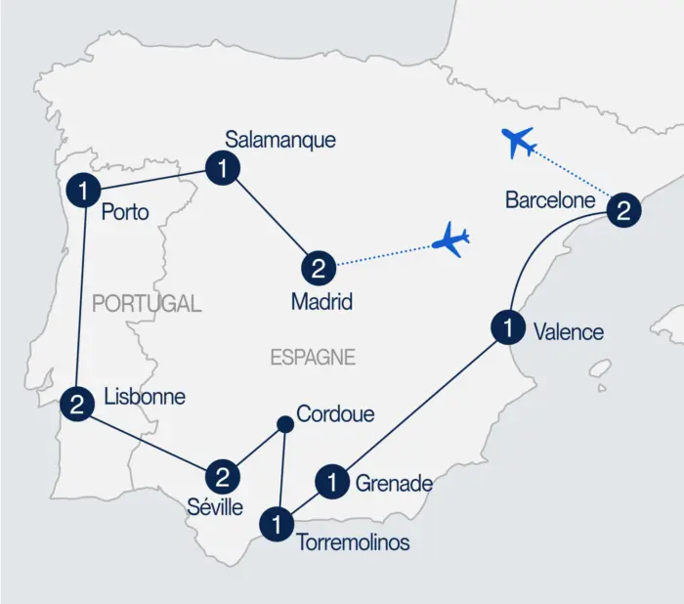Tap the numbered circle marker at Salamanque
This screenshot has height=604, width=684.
[x=224, y=168]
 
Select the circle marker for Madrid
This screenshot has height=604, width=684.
[x=319, y=266]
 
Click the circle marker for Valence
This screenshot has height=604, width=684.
[x=508, y=328]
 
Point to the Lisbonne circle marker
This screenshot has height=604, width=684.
[x=76, y=403]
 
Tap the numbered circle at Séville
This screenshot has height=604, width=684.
[x=223, y=477]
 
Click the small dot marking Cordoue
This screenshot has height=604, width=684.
[x=284, y=424]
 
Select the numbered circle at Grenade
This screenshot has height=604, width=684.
[x=333, y=482]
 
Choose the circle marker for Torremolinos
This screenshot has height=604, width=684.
[x=278, y=525]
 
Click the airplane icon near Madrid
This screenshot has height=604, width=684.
[x=451, y=239]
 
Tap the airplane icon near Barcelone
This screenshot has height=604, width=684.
[x=517, y=143]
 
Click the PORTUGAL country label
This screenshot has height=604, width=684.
[x=147, y=304]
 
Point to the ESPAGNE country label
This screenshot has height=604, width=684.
[x=313, y=358]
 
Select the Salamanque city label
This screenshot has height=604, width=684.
[x=279, y=140]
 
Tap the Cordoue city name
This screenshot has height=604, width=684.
[x=335, y=414]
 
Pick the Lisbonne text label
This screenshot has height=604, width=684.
[x=144, y=398]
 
